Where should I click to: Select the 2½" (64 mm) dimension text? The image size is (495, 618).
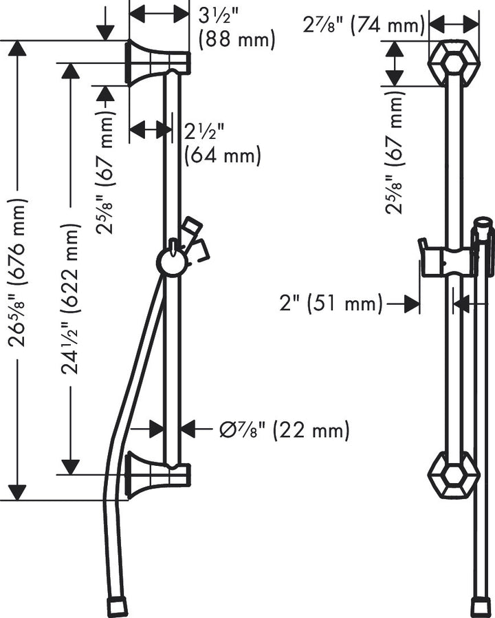[x=222, y=143]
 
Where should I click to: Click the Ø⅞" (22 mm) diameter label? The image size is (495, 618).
[x=284, y=431]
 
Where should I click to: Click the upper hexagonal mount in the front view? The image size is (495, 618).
[x=453, y=63]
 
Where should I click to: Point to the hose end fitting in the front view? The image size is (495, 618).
[x=479, y=607]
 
